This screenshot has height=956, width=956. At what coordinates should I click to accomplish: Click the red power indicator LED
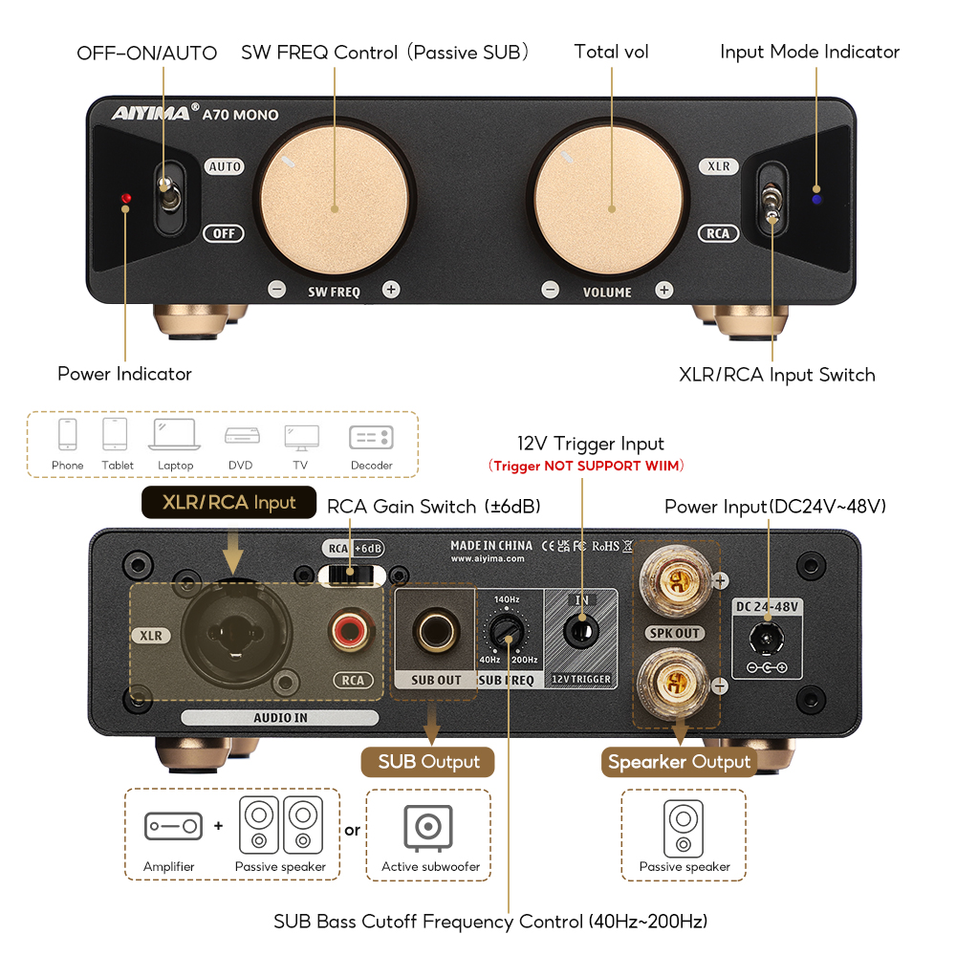(x=126, y=199)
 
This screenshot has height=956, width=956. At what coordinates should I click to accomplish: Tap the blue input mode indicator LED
(x=815, y=199)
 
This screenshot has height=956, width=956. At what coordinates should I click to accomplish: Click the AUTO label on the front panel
(x=225, y=166)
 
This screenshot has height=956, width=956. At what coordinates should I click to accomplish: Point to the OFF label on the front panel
(x=224, y=233)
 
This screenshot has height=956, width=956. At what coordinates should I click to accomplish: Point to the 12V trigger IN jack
(x=579, y=632)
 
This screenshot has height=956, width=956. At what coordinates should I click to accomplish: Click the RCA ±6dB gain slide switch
(x=354, y=574)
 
